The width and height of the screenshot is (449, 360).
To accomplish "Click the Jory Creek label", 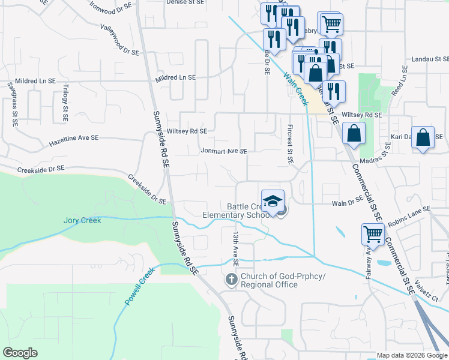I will click(x=82, y=220).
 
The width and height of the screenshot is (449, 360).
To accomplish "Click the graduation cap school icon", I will click(x=273, y=200).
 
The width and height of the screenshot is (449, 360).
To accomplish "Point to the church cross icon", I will click(x=231, y=280).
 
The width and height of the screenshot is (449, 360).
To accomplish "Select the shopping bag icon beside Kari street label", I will click(x=423, y=137).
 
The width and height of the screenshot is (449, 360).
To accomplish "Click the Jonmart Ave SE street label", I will click(x=224, y=152).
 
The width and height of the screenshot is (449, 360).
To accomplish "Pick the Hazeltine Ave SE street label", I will click(x=74, y=141).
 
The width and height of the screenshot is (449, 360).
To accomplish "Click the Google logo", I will click(x=20, y=353).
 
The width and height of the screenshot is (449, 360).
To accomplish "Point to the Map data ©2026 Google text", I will click(x=412, y=355).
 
